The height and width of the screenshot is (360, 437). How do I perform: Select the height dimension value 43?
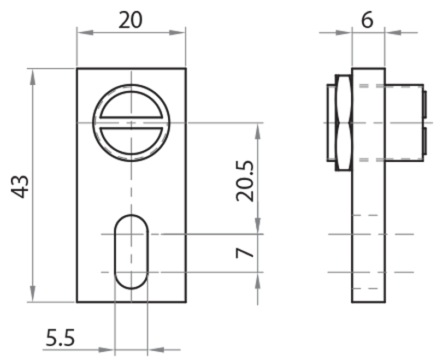21,186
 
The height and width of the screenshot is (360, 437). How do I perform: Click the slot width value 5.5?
60,338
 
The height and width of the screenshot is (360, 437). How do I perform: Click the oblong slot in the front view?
131,251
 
